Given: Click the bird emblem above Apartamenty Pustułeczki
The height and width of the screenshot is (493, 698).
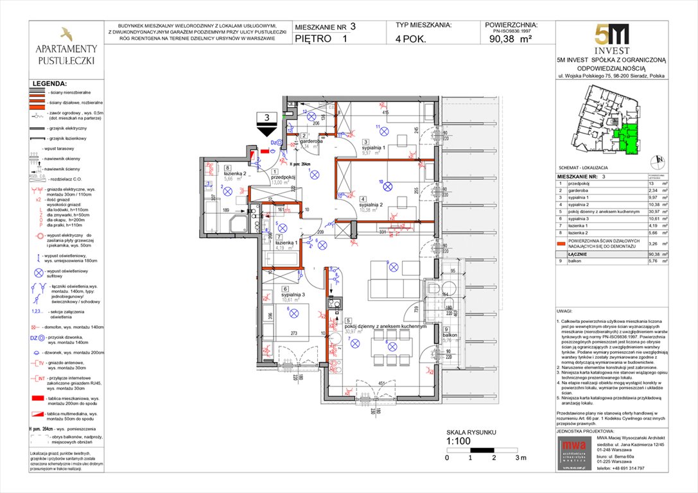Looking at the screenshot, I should click(x=65, y=33).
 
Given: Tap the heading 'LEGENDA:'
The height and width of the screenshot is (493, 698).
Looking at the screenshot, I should click(x=49, y=83).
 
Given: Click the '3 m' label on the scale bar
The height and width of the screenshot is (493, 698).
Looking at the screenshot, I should click(x=520, y=458).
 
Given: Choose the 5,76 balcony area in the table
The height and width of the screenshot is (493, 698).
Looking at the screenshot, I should click(x=654, y=262).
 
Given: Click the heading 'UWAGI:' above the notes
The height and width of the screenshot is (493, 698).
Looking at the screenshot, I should click(x=566, y=310).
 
